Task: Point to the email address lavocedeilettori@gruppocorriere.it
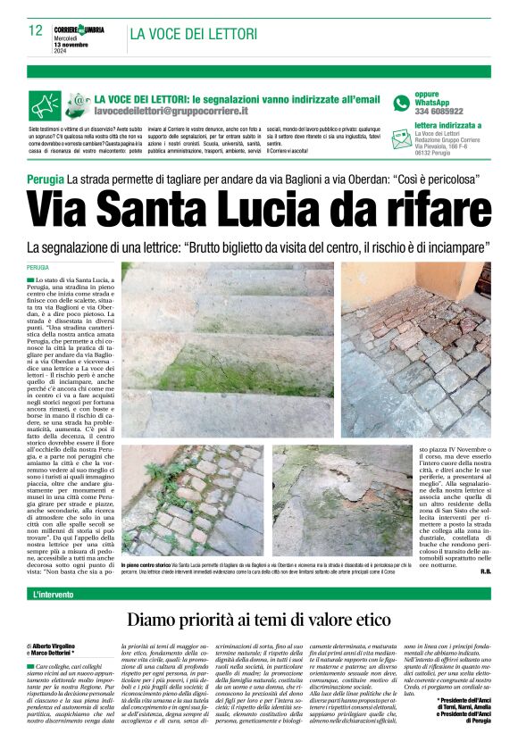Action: coord(171,112)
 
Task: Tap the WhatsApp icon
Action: coord(402,103)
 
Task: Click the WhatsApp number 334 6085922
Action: coord(439,112)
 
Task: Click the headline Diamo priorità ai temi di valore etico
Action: coord(259,620)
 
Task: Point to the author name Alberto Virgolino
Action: coord(54,669)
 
